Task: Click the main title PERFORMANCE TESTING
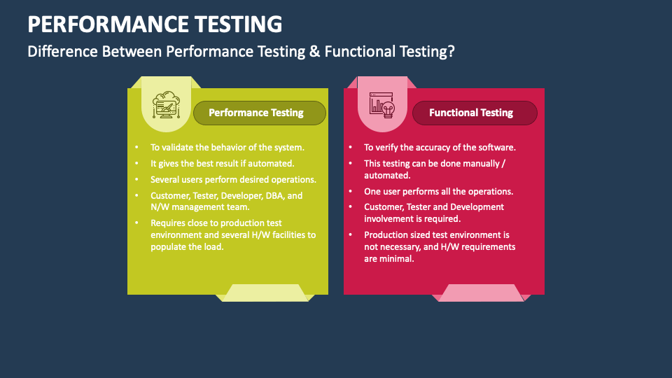click(155, 24)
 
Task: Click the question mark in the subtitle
click(450, 51)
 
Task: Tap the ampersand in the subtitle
click(314, 51)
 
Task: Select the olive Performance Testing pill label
click(260, 113)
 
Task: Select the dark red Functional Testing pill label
click(475, 113)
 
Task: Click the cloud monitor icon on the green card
click(167, 105)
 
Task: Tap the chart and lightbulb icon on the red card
click(382, 105)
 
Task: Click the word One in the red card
click(372, 192)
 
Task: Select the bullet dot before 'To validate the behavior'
click(136, 148)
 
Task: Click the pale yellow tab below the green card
click(265, 293)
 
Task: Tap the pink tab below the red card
click(482, 293)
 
